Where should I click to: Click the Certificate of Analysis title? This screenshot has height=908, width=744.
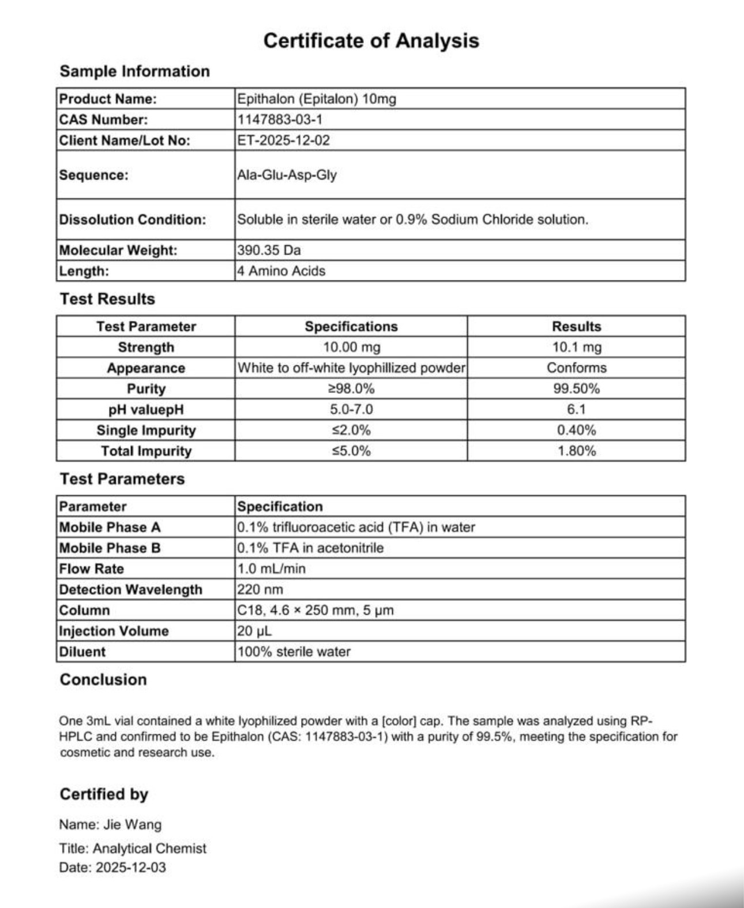371,40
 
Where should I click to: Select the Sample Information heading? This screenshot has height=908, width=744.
134,71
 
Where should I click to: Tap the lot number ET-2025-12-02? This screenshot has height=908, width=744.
284,140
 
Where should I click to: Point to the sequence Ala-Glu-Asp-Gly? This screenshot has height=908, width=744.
287,175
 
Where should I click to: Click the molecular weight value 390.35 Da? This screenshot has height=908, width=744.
269,250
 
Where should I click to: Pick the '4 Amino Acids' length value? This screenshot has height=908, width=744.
281,271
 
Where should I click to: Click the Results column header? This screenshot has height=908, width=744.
576,326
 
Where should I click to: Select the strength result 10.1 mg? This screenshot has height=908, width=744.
576,347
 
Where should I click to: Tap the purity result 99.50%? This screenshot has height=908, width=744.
576,388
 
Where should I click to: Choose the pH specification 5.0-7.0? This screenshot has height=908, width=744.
351,409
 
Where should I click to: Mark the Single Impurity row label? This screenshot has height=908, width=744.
146,430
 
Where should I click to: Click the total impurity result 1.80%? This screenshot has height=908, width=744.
576,451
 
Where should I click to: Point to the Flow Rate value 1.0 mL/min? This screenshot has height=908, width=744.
271,569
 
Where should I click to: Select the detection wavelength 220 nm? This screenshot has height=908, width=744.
260,589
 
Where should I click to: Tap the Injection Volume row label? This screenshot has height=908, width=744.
114,631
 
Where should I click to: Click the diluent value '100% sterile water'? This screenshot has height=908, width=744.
294,652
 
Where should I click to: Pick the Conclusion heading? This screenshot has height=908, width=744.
103,679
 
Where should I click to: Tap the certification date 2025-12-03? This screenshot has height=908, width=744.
130,867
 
